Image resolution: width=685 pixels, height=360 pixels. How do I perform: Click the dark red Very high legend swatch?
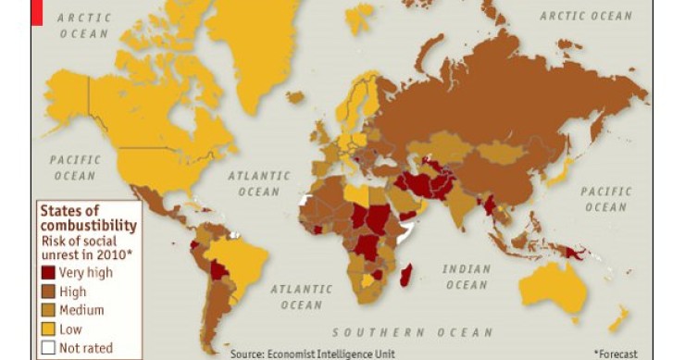click(x=48, y=272)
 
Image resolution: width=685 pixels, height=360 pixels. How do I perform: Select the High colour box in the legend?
click(x=48, y=292)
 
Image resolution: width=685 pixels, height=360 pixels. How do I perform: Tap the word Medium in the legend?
click(x=81, y=310)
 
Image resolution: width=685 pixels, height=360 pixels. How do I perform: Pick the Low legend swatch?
click(x=48, y=329)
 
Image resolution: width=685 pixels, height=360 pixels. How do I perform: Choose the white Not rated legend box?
click(x=48, y=348)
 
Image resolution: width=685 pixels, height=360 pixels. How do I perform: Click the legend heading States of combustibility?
click(x=88, y=217)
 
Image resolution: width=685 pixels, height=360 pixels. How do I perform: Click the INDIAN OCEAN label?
click(x=466, y=277)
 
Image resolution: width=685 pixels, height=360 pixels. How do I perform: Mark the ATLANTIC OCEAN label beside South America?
click(x=301, y=295)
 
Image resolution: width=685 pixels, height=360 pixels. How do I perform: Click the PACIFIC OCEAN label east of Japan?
click(x=605, y=199)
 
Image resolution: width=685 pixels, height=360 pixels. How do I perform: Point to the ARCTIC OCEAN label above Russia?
click(x=586, y=16)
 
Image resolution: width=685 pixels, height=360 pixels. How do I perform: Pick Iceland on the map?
click(x=295, y=96)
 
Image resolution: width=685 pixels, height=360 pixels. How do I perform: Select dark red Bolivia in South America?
click(x=219, y=271)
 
